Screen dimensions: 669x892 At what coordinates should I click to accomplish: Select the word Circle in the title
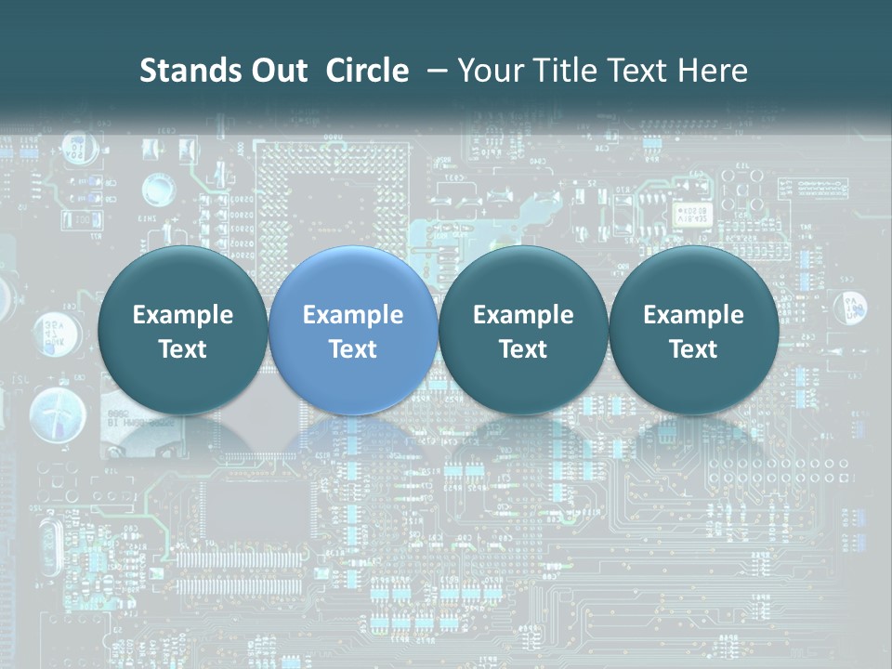tap(367, 71)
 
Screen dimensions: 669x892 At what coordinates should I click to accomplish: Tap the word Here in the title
tap(712, 71)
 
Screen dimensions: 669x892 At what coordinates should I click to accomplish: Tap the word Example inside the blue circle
tap(353, 315)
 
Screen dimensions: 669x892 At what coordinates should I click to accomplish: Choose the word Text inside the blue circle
tap(353, 349)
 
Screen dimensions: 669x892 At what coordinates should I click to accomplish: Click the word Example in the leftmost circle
tap(183, 315)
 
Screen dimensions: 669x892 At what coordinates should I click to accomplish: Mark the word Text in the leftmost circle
tap(183, 349)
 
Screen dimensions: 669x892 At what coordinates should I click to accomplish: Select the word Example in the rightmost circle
tap(693, 315)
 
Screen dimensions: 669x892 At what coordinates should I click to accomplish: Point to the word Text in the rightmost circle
tap(693, 349)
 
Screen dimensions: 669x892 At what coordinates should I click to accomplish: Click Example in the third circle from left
tap(523, 315)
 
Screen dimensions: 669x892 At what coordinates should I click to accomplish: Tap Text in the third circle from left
tap(523, 349)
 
